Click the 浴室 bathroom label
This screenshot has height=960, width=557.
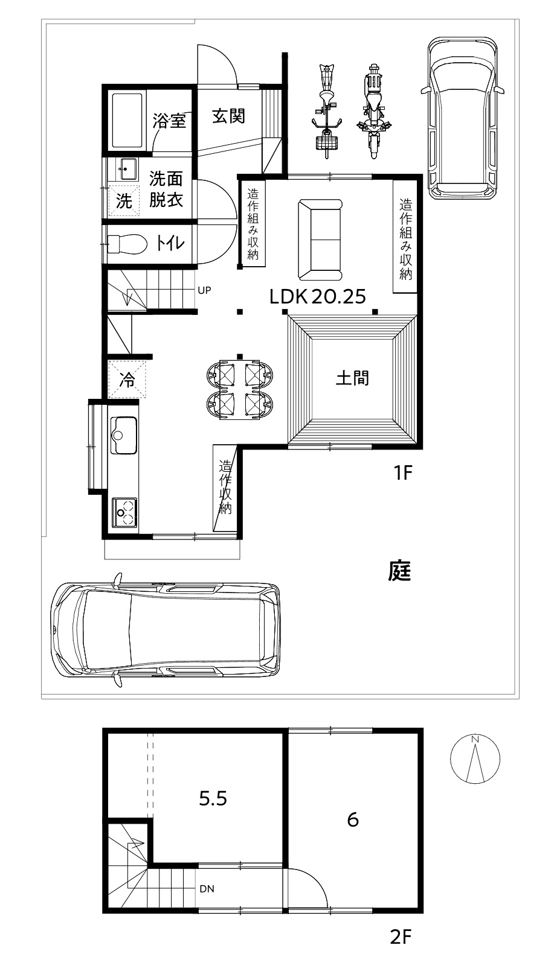tap(169, 121)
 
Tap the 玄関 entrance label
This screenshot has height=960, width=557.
tap(228, 116)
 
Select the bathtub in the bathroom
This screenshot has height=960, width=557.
tap(127, 121)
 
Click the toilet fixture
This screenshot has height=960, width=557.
tap(127, 244)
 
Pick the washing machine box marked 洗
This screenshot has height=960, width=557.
tap(124, 200)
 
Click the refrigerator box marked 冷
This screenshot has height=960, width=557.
tap(127, 380)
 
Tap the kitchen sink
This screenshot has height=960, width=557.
tap(124, 435)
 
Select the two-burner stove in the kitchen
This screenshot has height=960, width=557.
tap(124, 512)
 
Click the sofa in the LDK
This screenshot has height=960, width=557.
tap(320, 240)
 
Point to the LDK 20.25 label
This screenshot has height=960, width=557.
tap(318, 297)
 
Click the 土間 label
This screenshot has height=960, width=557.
tap(352, 378)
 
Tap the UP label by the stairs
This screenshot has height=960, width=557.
tap(204, 290)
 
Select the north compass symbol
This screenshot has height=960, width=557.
tap(475, 759)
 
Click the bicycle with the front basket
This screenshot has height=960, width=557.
tap(327, 112)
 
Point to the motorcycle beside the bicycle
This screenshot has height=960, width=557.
tap(374, 112)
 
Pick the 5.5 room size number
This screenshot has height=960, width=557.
tap(213, 798)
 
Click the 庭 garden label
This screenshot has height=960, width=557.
tap(399, 571)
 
